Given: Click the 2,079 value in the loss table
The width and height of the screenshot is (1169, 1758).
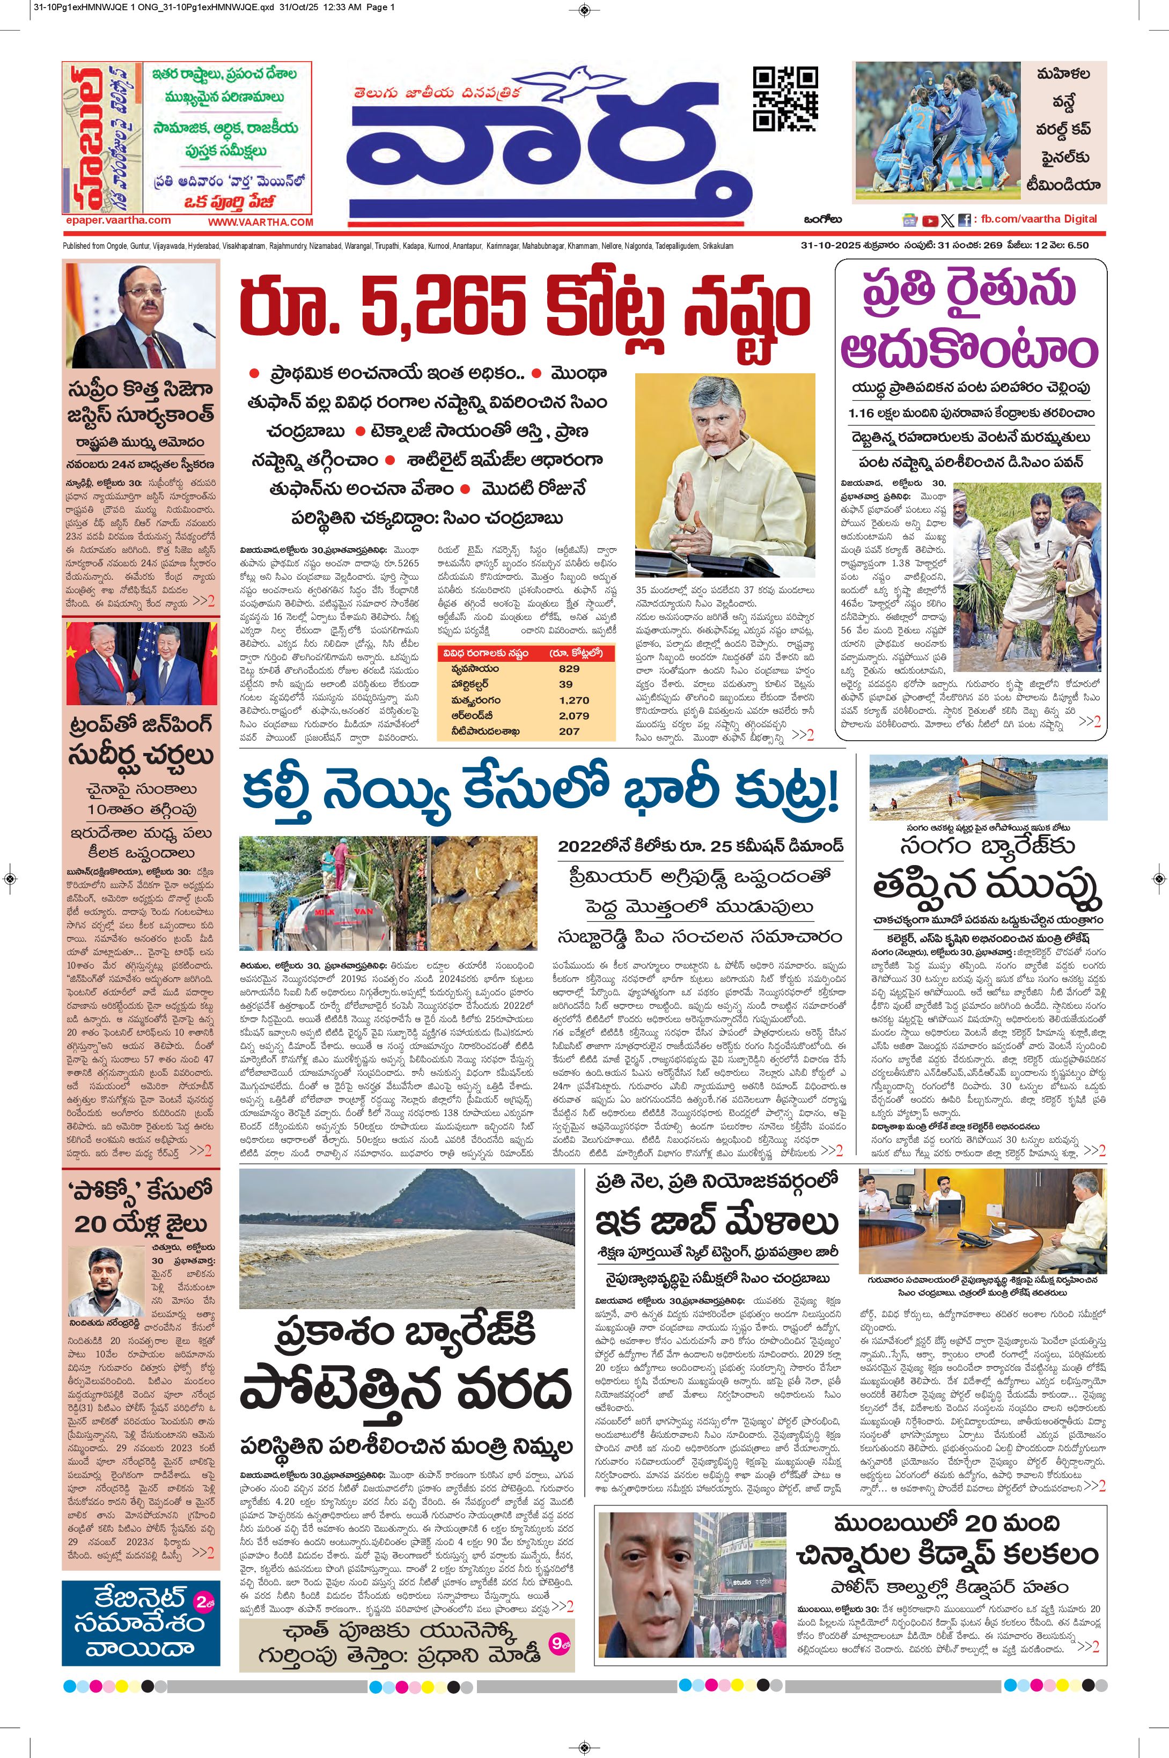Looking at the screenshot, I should (x=574, y=715).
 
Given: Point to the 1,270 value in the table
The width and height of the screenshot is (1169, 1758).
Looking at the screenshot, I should (x=574, y=700).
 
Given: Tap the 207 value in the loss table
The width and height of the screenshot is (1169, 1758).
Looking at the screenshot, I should (x=569, y=731).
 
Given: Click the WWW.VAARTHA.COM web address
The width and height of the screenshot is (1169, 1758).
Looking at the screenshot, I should (x=260, y=222).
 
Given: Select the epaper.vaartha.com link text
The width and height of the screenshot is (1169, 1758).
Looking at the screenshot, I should (x=118, y=220).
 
